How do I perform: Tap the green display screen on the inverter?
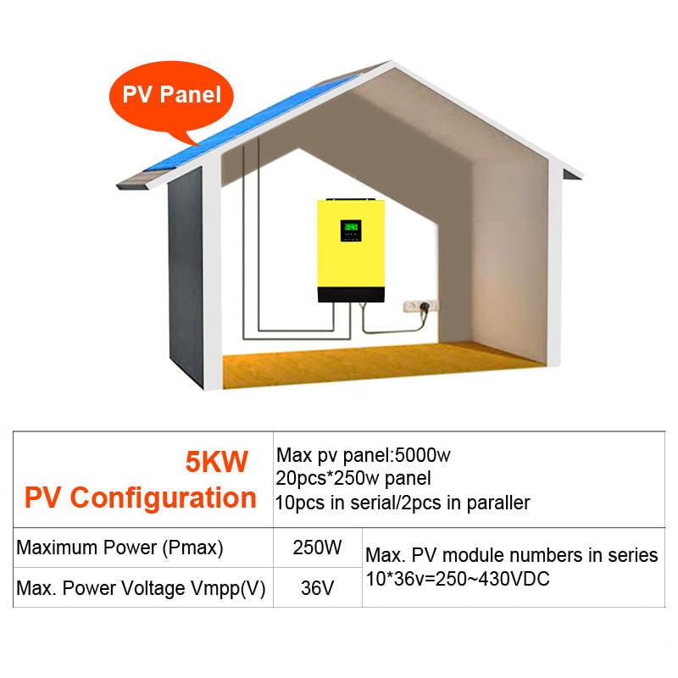click(x=351, y=230)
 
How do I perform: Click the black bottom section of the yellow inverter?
click(x=351, y=294)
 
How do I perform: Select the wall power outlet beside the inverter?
click(x=420, y=306)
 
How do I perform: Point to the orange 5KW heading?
click(x=217, y=461)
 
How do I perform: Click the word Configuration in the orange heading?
click(x=163, y=497)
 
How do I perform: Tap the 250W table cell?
click(x=317, y=547)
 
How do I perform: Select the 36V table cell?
click(x=317, y=588)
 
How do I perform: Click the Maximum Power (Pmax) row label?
click(x=119, y=547)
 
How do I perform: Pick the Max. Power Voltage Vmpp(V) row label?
click(x=141, y=588)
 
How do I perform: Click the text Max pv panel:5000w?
click(x=364, y=455)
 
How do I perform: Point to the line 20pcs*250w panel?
click(x=353, y=478)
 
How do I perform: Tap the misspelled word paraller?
click(x=498, y=503)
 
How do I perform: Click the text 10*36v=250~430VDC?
click(x=458, y=579)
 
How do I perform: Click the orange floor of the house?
click(x=381, y=365)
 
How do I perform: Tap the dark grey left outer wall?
click(x=185, y=277)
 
